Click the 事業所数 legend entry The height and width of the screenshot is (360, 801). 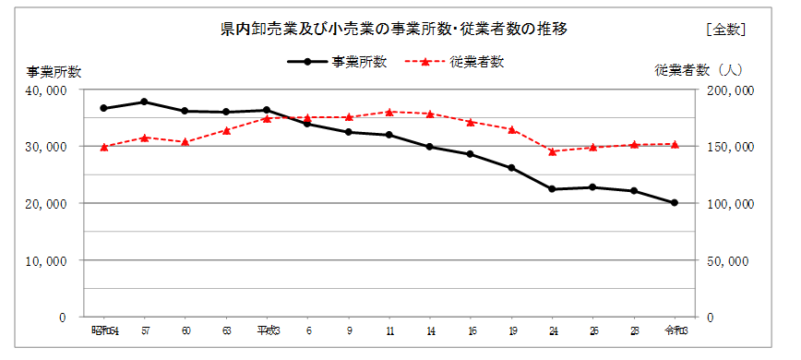coord(337,62)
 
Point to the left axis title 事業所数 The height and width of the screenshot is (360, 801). coord(54,71)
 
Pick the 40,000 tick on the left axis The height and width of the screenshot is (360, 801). coord(46,90)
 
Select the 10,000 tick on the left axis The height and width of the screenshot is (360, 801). coord(46,260)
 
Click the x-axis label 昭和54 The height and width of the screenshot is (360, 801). coord(103,330)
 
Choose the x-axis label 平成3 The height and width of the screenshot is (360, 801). coord(266,330)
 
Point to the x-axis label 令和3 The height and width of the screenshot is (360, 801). coord(675,330)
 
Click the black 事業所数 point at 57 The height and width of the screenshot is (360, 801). coord(144,102)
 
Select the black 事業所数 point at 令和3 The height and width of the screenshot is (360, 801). coord(675,203)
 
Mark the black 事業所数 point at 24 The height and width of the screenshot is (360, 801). coord(552,189)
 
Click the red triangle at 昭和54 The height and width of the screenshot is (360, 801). coord(103,147)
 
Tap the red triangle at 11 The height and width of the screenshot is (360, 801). coord(389,112)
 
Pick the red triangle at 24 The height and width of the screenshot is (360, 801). coord(552,151)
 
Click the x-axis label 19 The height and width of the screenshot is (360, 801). coord(511,330)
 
